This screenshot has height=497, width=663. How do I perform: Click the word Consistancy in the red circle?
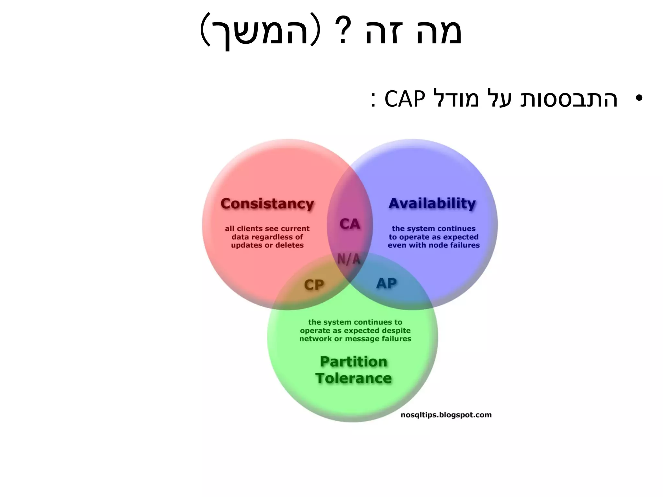pos(267,204)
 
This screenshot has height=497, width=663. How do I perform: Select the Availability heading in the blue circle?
pos(432,204)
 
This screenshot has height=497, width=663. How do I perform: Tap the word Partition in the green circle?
pos(354,361)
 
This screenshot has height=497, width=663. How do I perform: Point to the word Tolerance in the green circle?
pos(354,378)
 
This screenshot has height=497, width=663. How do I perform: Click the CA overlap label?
pos(350,224)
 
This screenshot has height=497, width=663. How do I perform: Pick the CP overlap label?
pos(314,285)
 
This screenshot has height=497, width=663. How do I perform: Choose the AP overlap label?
pos(386,283)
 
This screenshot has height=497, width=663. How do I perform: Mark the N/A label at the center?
pos(349,259)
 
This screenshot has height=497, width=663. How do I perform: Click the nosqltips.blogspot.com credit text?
pos(446,415)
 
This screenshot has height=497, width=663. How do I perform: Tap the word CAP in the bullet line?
pos(404,99)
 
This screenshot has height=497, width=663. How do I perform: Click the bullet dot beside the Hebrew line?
pos(639,98)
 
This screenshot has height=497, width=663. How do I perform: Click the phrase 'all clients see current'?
pos(267,228)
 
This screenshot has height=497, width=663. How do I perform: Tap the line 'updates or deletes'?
pos(267,245)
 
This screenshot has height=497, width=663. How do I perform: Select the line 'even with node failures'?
pos(434,245)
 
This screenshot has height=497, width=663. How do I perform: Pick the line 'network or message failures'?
pos(355,339)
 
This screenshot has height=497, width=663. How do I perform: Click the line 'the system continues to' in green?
pos(355,322)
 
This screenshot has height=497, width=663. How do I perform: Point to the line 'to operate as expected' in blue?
pos(434,237)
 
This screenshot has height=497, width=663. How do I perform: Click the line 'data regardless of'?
pos(267,237)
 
